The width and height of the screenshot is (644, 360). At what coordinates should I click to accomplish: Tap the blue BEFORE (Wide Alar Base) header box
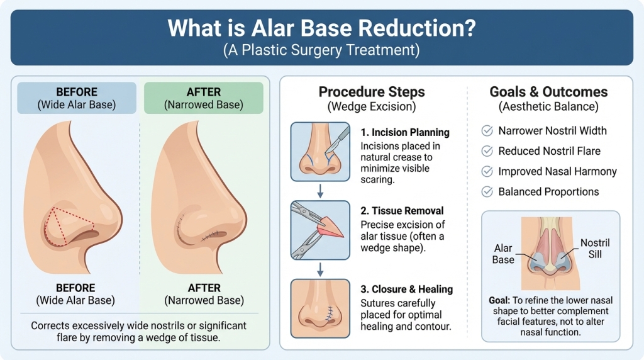click(x=77, y=98)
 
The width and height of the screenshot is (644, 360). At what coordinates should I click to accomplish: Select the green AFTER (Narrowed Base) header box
click(x=203, y=98)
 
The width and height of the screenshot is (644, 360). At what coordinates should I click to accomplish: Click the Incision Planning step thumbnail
click(x=320, y=152)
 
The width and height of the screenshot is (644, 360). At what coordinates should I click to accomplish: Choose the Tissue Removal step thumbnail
click(x=320, y=230)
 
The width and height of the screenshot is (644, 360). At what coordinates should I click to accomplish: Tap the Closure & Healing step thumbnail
click(x=320, y=308)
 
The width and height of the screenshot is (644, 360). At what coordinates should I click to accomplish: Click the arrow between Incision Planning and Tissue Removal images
click(x=320, y=191)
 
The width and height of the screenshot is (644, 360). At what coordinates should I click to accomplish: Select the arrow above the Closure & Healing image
click(x=320, y=269)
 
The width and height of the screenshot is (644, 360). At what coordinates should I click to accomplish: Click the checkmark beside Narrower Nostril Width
click(x=487, y=131)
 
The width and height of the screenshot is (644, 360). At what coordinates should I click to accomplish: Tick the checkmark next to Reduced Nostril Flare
click(x=487, y=151)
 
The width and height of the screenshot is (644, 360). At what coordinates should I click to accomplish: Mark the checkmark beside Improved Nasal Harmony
click(x=487, y=171)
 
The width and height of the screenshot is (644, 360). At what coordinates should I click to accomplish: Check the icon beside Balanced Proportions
click(x=487, y=191)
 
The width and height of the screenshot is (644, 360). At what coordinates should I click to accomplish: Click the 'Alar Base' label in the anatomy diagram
click(x=503, y=254)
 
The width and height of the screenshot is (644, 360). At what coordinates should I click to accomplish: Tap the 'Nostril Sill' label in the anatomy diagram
click(x=594, y=248)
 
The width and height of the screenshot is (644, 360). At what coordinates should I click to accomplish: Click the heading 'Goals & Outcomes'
click(x=548, y=93)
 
